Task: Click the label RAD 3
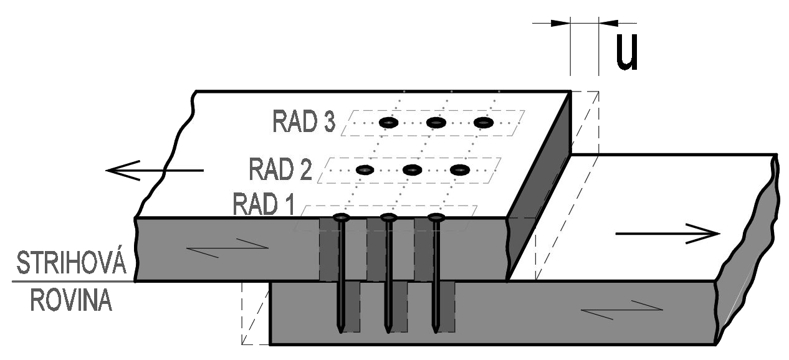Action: pos(304,121)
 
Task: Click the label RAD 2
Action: pos(280,169)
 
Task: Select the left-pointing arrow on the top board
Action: pos(153,169)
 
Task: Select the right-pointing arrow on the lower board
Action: pos(667,234)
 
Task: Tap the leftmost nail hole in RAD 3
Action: pos(388,123)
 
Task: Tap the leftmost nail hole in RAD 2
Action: pos(364,169)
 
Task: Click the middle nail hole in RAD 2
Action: pos(412,169)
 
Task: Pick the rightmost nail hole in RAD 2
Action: pos(459,169)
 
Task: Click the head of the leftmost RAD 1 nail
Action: pos(341,217)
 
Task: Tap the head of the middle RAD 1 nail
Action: pos(388,217)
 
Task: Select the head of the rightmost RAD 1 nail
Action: pos(436,217)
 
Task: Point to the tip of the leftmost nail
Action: pos(340,331)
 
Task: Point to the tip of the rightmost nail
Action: pos(436,331)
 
